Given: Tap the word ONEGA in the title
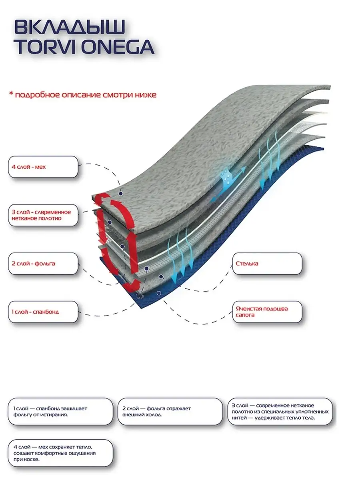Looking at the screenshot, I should [x=122, y=46].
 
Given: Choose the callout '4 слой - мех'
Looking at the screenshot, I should [x=43, y=166].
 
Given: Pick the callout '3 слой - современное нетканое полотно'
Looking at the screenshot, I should [x=43, y=215].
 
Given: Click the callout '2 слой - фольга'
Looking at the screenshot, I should [x=43, y=264].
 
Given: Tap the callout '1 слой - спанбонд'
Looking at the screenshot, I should [x=43, y=311].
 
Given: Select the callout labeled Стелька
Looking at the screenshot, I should [x=267, y=264].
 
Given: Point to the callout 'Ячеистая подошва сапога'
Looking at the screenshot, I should [x=267, y=312].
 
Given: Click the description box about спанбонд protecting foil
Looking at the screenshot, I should [x=60, y=411].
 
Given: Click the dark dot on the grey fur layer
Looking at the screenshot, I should [x=120, y=193].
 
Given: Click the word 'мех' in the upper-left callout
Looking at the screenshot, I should [x=40, y=166].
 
